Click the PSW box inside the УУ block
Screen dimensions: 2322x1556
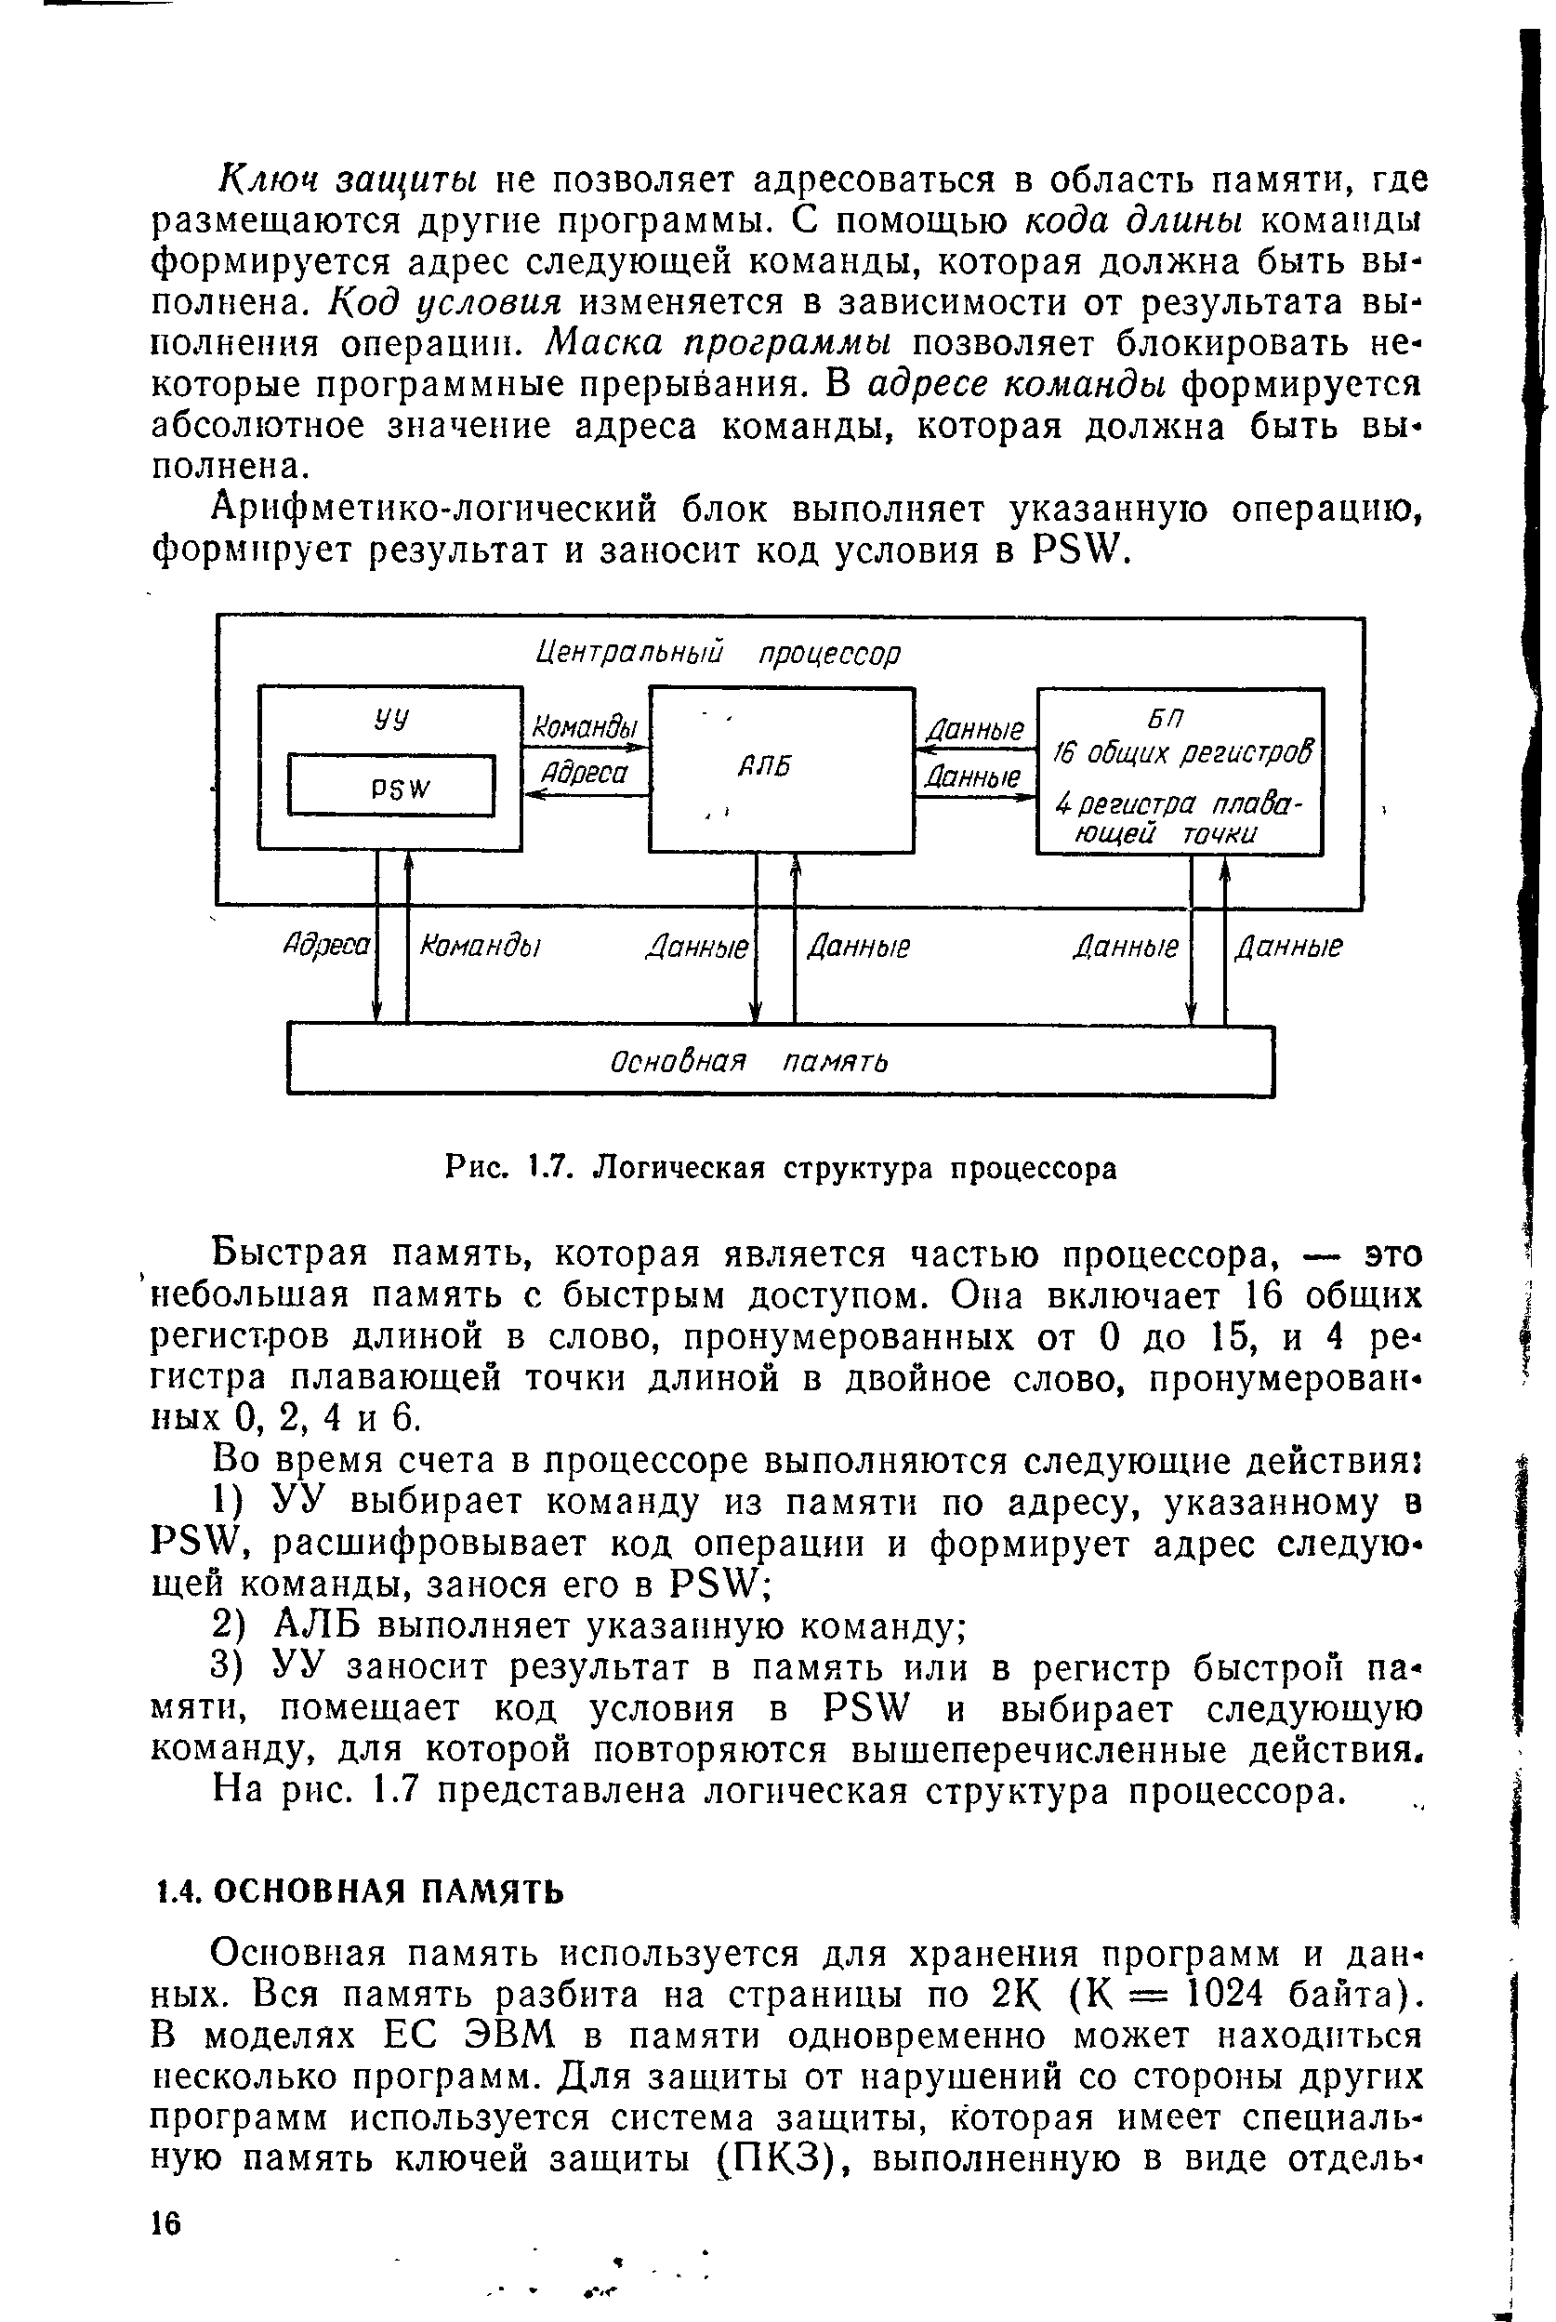[x=391, y=785]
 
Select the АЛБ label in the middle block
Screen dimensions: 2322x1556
[x=767, y=766]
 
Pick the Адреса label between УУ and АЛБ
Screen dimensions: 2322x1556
[x=585, y=773]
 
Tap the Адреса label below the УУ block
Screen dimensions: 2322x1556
[x=326, y=945]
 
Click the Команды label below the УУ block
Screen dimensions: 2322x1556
[x=481, y=945]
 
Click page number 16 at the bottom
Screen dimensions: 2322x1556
[x=166, y=2223]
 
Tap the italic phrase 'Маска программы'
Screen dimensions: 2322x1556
[x=719, y=343]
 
